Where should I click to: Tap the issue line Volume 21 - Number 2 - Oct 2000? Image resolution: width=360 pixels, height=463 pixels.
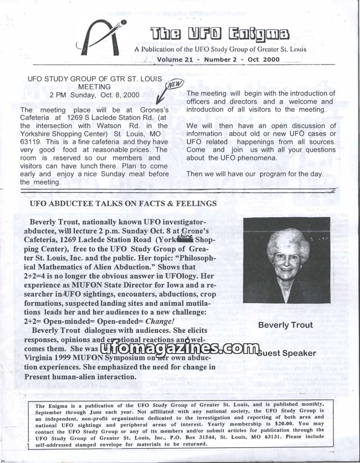(218, 59)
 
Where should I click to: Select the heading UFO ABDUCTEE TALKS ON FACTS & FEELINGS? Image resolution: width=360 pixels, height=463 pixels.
(123, 204)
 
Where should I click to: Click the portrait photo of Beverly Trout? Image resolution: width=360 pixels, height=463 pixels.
(287, 260)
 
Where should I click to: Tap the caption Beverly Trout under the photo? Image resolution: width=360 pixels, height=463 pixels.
(285, 325)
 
